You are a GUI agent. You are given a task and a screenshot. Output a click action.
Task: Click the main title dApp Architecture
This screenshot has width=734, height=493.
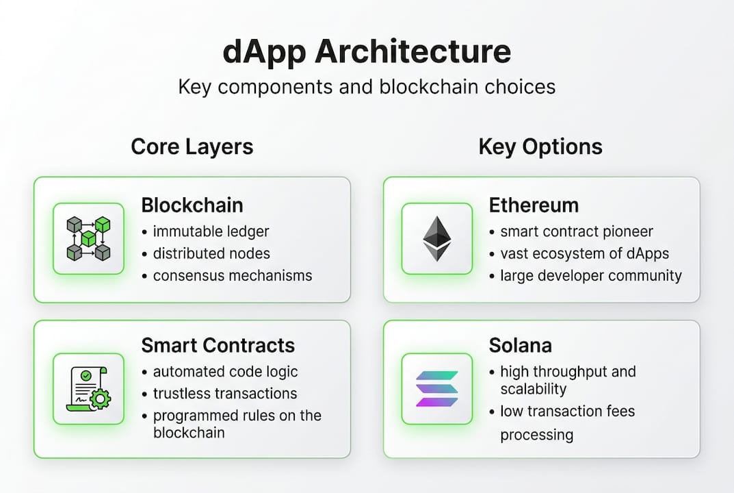[x=367, y=51]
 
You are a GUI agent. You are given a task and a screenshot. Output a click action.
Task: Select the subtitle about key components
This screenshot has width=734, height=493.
[x=367, y=87]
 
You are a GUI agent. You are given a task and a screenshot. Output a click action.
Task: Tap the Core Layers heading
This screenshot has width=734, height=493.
[x=192, y=147]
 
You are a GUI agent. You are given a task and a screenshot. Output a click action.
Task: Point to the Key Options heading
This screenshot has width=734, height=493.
[x=540, y=147]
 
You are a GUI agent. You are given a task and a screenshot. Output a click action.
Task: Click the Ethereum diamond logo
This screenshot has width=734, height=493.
[x=436, y=238]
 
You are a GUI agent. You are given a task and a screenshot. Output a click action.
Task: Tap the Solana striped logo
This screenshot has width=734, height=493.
[x=436, y=388]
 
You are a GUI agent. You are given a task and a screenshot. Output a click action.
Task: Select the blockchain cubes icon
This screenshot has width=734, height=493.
[x=88, y=238]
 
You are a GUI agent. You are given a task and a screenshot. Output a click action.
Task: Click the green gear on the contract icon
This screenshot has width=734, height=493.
[x=100, y=399]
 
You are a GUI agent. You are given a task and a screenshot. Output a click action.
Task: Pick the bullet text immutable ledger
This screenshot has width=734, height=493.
[x=211, y=231]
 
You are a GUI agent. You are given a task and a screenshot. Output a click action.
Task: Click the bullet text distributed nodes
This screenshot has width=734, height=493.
[x=211, y=253]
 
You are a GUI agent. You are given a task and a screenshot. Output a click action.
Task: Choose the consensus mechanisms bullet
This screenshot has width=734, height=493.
[x=232, y=275]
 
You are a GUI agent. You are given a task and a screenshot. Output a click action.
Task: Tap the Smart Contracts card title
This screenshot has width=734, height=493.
[x=218, y=345]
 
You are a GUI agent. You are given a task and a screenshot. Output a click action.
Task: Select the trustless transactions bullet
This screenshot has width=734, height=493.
[x=224, y=394]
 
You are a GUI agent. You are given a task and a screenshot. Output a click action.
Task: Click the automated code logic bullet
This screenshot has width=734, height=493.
[x=225, y=372]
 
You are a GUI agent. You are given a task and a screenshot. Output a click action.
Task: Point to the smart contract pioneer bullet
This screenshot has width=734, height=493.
[x=576, y=231]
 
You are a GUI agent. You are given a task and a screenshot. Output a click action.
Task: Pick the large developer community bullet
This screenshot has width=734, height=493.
[x=591, y=275]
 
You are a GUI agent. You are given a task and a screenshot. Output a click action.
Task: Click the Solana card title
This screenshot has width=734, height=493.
[x=520, y=345]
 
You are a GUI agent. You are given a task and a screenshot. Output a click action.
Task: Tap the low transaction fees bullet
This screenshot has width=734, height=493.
[x=567, y=412]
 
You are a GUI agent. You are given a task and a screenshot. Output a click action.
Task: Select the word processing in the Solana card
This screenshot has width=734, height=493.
[x=536, y=435]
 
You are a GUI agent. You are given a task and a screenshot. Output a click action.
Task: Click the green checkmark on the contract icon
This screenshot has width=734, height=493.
[x=86, y=375]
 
